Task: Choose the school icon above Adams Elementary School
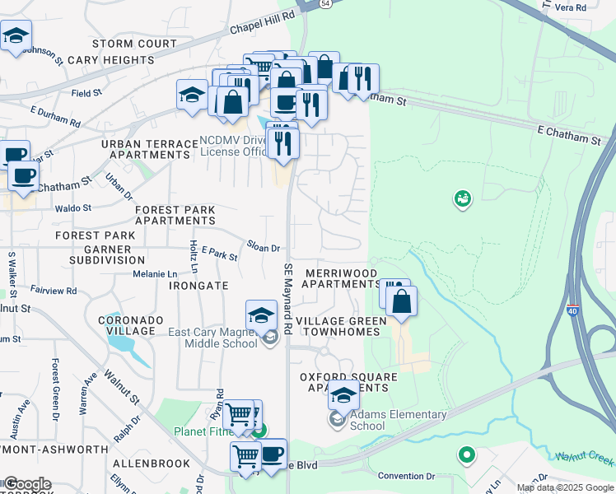pyautogui.click(x=343, y=397)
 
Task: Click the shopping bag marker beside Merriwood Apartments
pyautogui.click(x=401, y=301)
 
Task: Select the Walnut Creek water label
pyautogui.click(x=585, y=457)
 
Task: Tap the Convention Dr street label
pyautogui.click(x=406, y=476)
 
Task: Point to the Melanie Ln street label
pyautogui.click(x=156, y=273)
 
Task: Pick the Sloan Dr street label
pyautogui.click(x=264, y=246)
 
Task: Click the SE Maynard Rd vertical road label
pyautogui.click(x=288, y=298)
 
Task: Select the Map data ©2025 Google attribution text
pyautogui.click(x=565, y=487)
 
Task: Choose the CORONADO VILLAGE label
pyautogui.click(x=126, y=325)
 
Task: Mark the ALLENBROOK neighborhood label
pyautogui.click(x=152, y=464)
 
